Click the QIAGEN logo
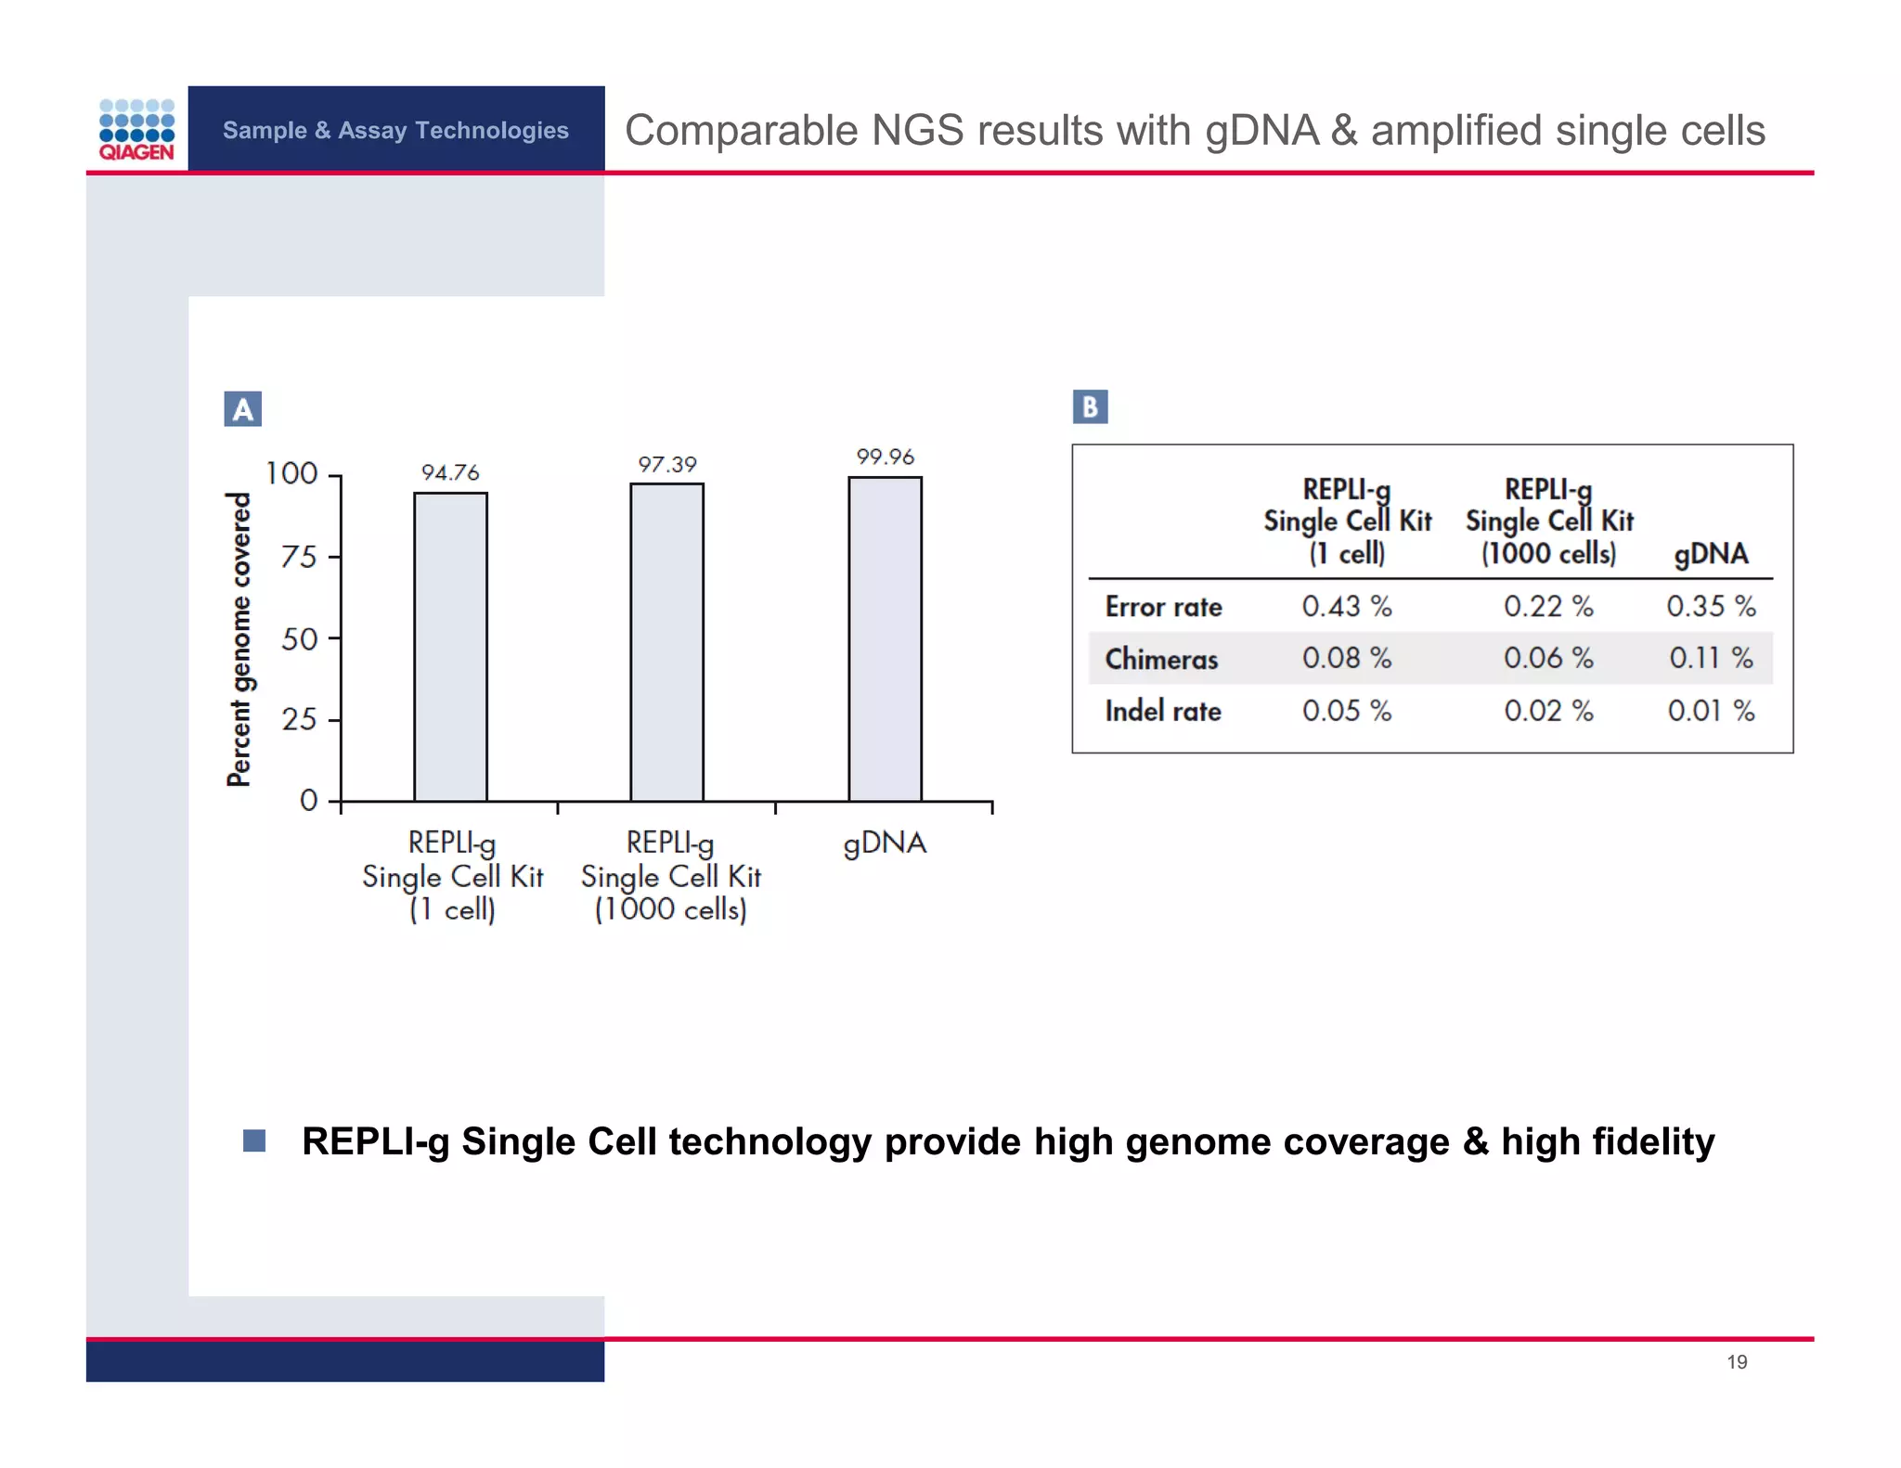coord(136,130)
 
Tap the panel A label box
coord(242,409)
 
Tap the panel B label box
coord(1090,406)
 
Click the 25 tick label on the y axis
coord(299,720)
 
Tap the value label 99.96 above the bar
coord(885,457)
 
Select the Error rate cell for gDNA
coord(1710,606)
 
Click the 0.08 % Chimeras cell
coord(1346,658)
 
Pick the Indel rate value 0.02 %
coord(1548,711)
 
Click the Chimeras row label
coord(1161,659)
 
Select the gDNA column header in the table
coord(1711,554)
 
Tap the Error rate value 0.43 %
coord(1346,606)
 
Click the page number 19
coord(1737,1361)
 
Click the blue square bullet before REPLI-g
coord(254,1140)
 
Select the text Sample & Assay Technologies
coord(395,130)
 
